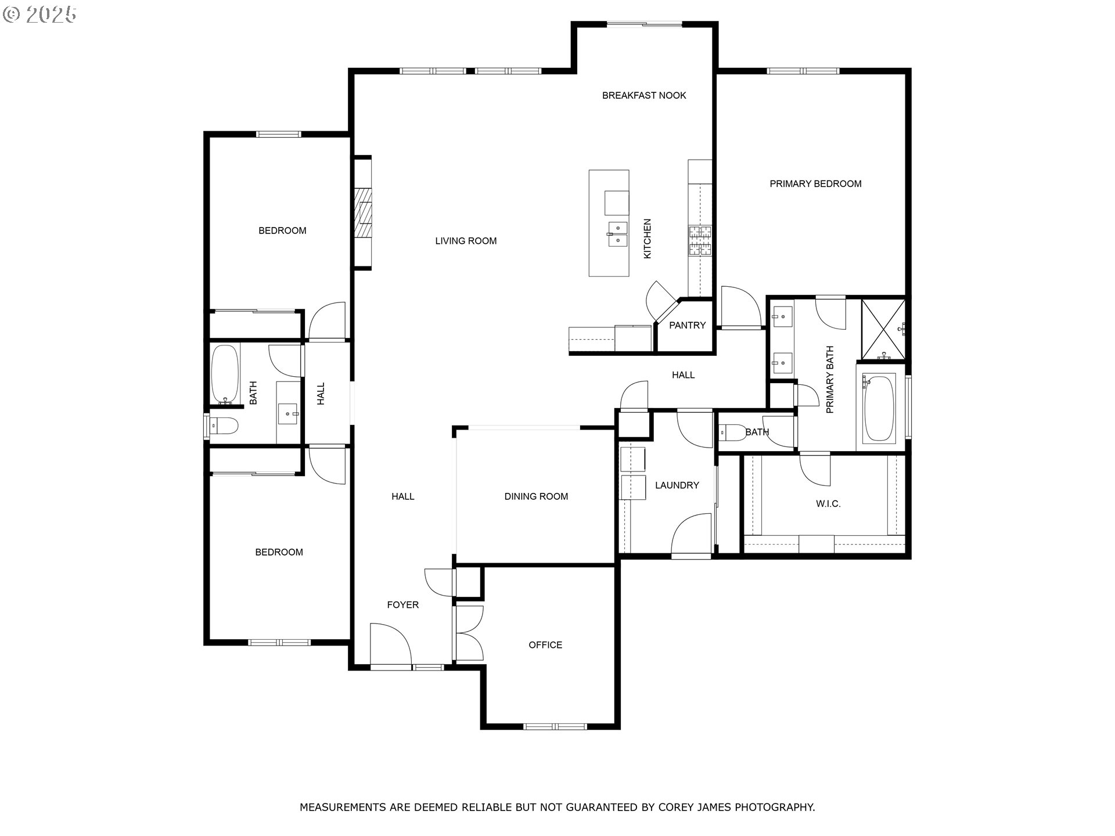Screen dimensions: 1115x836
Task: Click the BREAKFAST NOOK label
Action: coord(644,95)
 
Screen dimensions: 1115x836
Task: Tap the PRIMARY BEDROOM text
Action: coord(815,184)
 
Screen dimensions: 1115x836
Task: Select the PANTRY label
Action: coord(687,325)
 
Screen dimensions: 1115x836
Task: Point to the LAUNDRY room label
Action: coord(677,485)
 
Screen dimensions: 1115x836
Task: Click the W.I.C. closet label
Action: coord(828,504)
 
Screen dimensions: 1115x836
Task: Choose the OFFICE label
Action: coord(545,645)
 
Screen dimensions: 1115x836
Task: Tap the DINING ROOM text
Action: coord(536,496)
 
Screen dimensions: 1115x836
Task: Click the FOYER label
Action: coord(403,605)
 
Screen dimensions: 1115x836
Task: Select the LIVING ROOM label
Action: coord(466,241)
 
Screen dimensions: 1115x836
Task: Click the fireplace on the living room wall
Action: coord(364,213)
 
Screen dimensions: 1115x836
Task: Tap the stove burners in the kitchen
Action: coord(700,241)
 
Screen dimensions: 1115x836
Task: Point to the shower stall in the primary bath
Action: coord(883,329)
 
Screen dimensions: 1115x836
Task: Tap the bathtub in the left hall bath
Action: coord(225,375)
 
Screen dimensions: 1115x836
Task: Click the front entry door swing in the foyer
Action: coord(390,644)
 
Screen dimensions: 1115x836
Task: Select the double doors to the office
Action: coord(470,633)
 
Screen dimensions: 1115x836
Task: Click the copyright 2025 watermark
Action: coord(39,15)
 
